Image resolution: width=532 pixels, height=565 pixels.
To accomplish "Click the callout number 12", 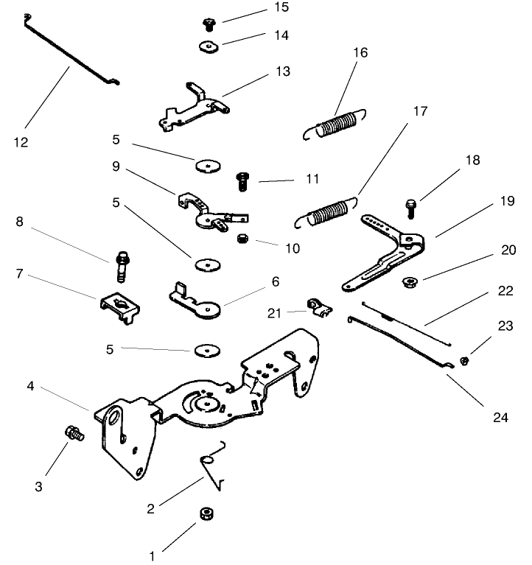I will click(21, 142).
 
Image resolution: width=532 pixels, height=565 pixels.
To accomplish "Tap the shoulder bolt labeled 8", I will click(122, 264).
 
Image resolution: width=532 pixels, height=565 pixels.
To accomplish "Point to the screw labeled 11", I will click(241, 180).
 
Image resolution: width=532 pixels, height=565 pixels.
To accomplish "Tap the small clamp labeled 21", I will click(318, 307).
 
